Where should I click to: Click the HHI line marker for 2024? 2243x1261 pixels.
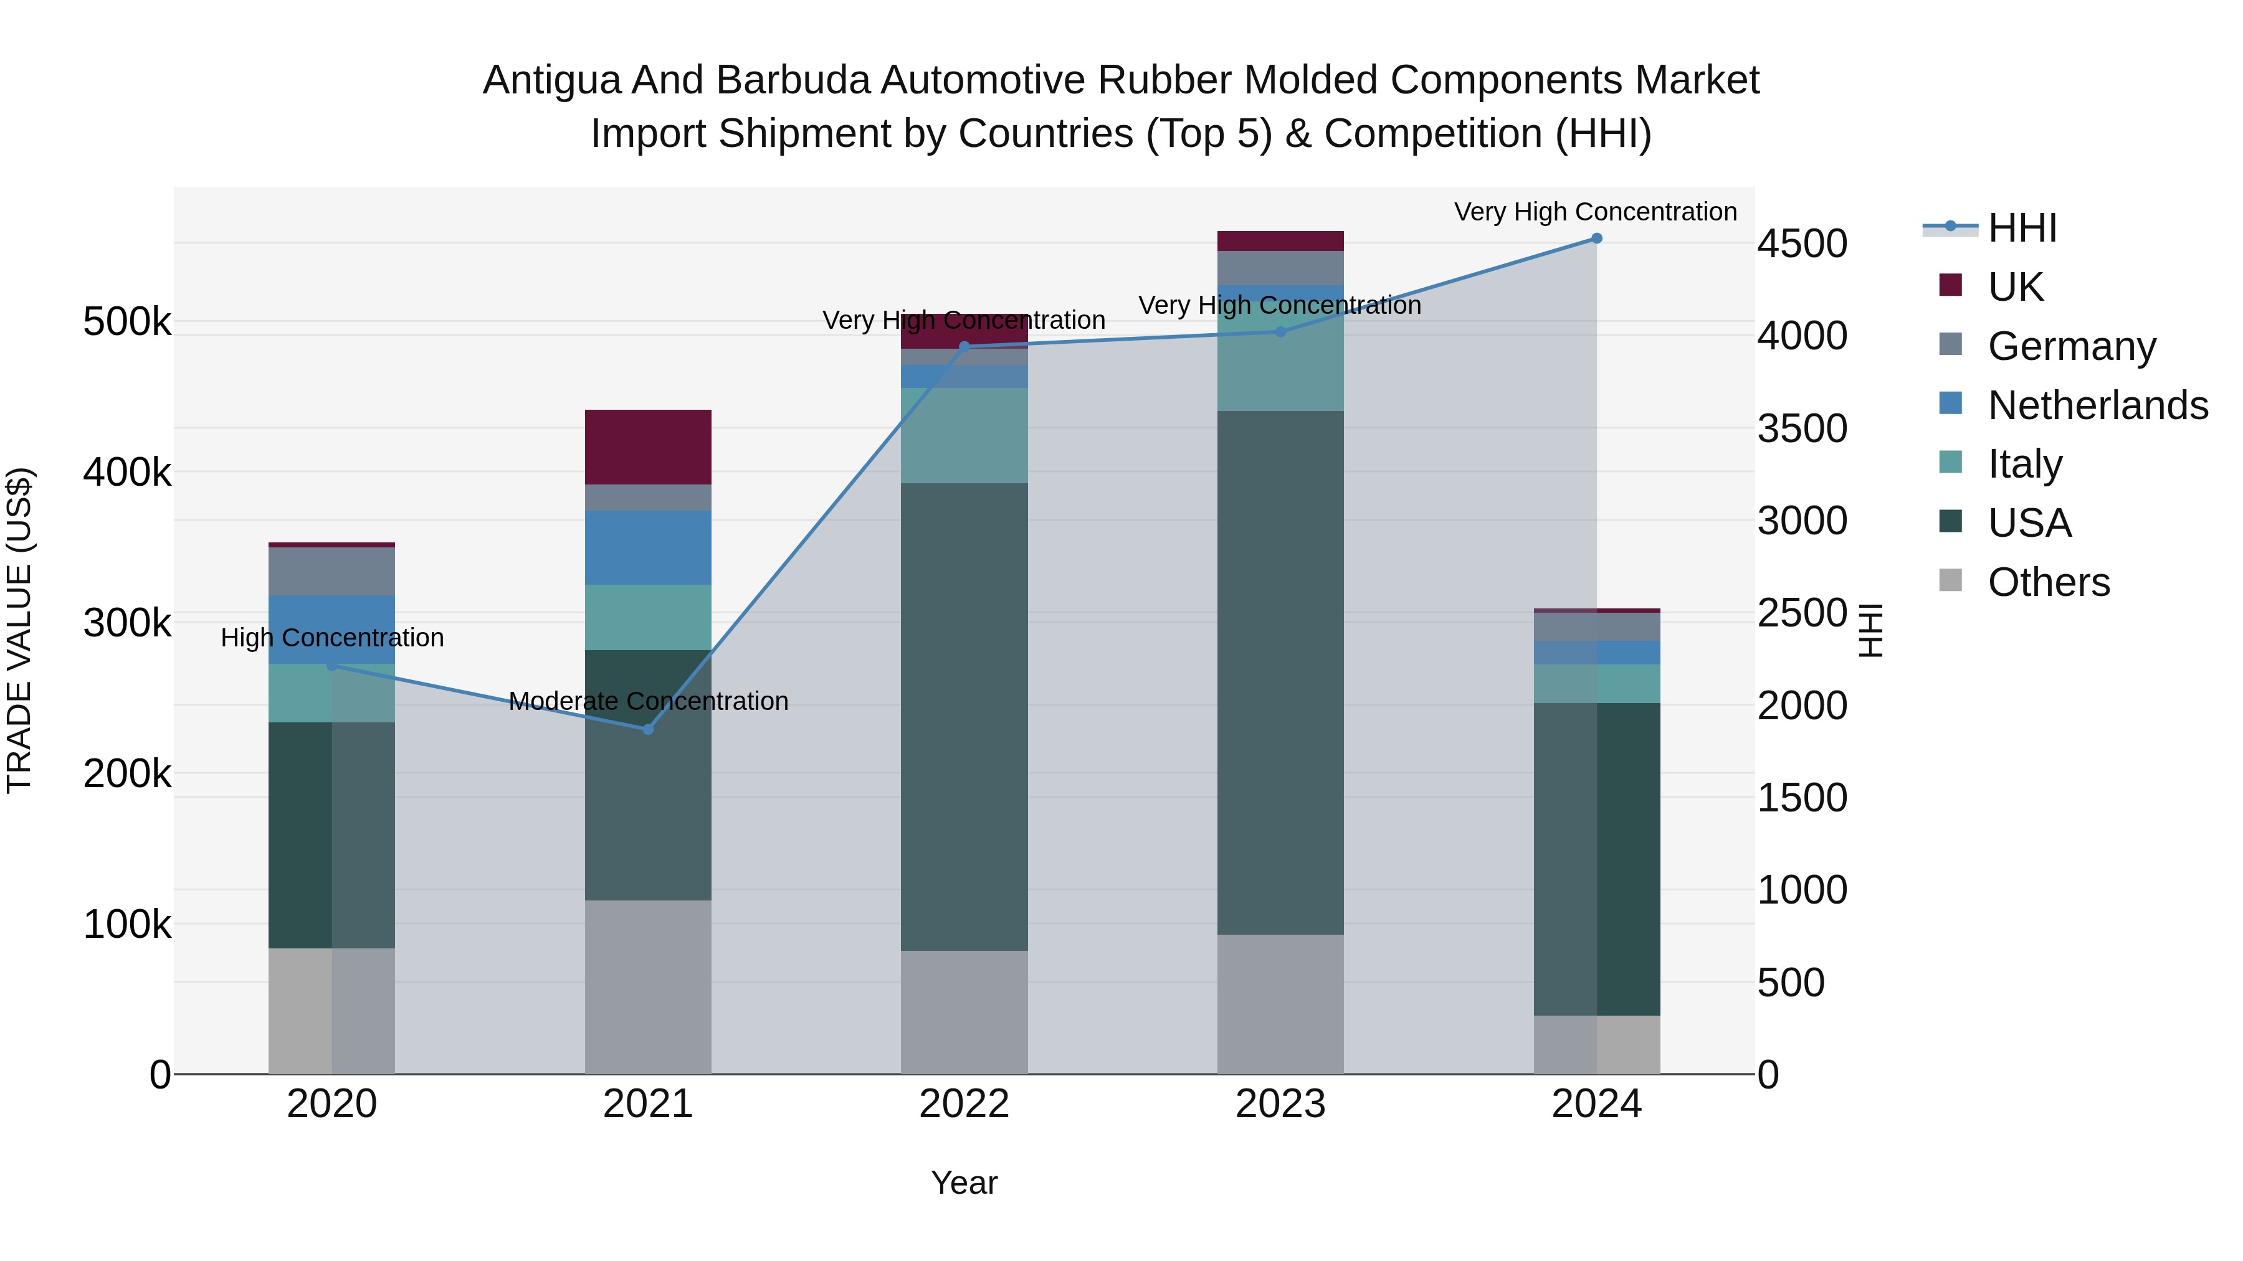(1596, 239)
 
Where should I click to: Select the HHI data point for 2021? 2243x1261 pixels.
(648, 729)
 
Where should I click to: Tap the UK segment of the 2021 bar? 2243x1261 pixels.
(648, 446)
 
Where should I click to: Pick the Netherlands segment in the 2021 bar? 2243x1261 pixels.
(648, 547)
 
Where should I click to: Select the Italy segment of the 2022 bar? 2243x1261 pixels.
(964, 435)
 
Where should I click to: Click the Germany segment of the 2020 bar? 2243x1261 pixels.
(331, 571)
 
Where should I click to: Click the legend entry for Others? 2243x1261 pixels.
(2048, 582)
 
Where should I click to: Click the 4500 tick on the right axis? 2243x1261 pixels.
(1801, 243)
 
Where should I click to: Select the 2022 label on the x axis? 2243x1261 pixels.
(964, 1104)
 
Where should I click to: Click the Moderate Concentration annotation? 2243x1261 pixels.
(648, 701)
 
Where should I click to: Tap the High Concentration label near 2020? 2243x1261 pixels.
(331, 638)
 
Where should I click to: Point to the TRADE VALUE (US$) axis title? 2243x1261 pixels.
(19, 630)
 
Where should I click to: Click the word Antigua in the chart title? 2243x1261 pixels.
(551, 80)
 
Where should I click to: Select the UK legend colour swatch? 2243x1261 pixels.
(1950, 285)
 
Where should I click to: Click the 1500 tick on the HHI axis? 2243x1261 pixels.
(1801, 798)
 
